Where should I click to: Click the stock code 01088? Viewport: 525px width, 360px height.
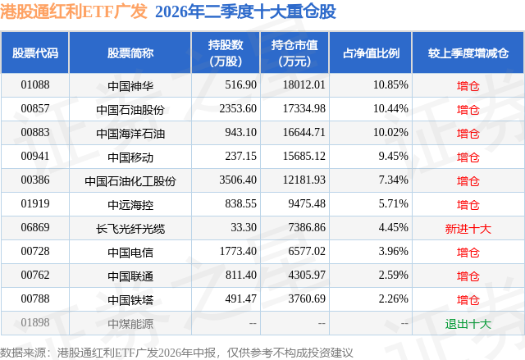pos(35,85)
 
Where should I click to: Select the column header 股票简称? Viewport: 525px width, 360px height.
pos(130,52)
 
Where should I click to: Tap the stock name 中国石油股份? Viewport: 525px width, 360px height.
pos(130,109)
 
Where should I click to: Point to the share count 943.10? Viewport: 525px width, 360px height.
pos(240,133)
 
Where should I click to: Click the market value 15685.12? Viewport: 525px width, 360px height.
pos(304,157)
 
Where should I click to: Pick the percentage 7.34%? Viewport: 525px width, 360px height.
pos(394,180)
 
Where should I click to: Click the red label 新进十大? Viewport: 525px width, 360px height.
pos(468,229)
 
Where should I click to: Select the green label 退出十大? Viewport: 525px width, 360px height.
pos(468,324)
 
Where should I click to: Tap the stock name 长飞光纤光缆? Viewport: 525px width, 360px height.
pos(130,229)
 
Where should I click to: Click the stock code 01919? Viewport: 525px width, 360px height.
pos(35,203)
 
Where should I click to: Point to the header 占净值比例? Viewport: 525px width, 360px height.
pos(371,52)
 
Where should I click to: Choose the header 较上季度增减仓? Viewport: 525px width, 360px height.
pos(468,52)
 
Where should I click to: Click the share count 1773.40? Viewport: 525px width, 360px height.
pos(238,251)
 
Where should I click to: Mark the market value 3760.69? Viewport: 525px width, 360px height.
pos(307,298)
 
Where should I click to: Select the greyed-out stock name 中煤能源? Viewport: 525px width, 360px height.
pos(130,324)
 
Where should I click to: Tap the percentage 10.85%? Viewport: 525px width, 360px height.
pos(390,85)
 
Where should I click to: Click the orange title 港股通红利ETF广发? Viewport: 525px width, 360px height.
pos(74,11)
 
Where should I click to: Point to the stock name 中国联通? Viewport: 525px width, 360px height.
pos(130,276)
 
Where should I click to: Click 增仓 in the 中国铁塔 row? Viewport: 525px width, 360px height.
pos(468,300)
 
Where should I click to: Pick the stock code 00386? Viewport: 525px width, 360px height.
pos(35,180)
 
